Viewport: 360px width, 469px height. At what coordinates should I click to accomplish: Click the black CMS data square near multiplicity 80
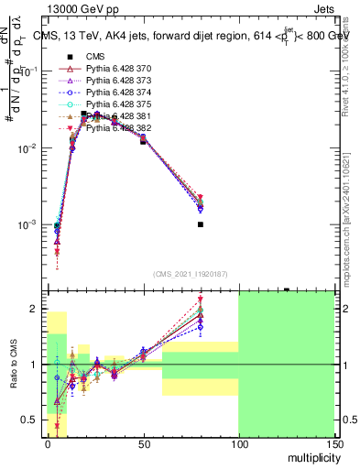point(201,224)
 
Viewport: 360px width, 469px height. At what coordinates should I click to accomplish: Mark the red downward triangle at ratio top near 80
point(201,300)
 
